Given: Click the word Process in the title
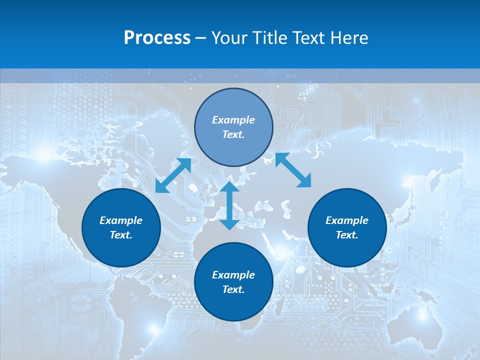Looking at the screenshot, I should (x=157, y=38).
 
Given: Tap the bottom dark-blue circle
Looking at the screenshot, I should (x=233, y=304).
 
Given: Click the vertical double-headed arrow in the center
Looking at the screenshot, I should (x=229, y=205).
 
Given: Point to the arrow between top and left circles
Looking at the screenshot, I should (x=173, y=175).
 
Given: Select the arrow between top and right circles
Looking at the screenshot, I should (x=293, y=170).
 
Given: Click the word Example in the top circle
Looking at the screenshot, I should (x=233, y=120).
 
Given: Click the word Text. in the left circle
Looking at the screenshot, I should (x=121, y=235).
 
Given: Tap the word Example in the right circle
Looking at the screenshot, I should (x=347, y=220).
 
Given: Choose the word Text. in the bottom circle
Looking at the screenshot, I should (x=233, y=289).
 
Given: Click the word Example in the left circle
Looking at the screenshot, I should (x=121, y=220).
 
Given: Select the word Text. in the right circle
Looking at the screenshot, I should (x=347, y=235).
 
